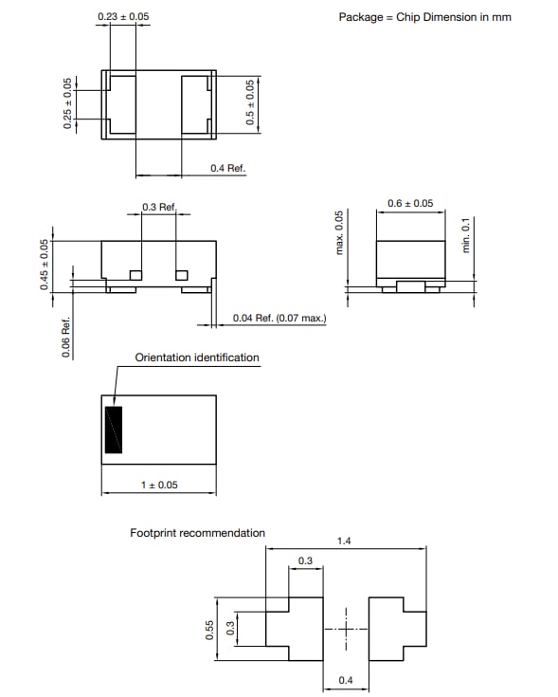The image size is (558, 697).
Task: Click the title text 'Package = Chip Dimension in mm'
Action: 424,17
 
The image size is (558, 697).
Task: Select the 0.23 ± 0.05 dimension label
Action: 123,17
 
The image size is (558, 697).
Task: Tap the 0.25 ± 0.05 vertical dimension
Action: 67,103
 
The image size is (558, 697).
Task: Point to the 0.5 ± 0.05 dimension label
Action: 250,103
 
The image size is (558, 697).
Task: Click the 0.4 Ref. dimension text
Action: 227,168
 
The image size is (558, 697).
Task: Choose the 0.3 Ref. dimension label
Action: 159,207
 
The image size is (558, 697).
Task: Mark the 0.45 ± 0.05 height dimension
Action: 44,265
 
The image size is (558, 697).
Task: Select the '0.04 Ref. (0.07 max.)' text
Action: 279,318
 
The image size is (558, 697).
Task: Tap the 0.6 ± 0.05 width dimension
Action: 410,203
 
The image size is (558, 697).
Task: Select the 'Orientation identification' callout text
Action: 197,358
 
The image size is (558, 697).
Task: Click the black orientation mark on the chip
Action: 114,430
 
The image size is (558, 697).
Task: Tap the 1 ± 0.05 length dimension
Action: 159,485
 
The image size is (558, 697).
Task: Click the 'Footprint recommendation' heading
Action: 197,533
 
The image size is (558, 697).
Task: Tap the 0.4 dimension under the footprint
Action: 348,681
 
